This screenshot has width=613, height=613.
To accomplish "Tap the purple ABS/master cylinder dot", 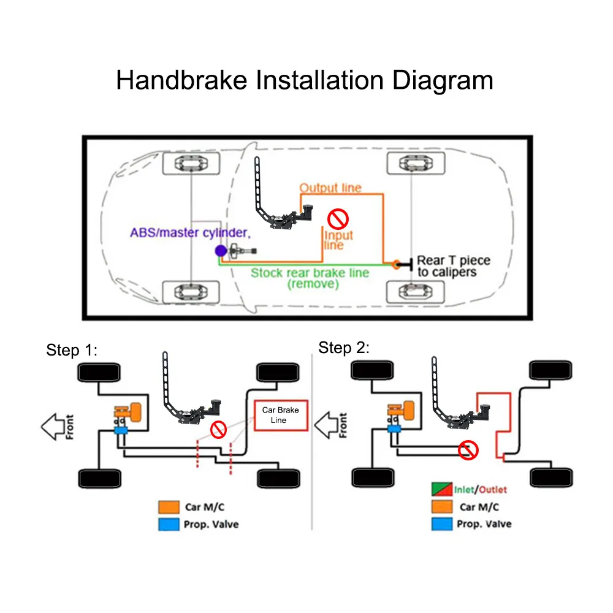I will [x=219, y=250].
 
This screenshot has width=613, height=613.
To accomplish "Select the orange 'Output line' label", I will [x=330, y=188].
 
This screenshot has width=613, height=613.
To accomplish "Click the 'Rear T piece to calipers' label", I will [x=453, y=266].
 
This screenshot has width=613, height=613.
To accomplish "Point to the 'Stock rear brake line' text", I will [x=310, y=273].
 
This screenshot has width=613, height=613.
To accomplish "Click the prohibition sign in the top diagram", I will [x=337, y=218].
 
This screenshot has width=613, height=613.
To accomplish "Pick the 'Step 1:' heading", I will [x=72, y=350].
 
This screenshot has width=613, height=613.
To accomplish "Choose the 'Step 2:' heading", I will [x=344, y=348].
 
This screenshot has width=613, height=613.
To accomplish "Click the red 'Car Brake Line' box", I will [x=281, y=415].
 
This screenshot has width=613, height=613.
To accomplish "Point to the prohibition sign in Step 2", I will [x=468, y=450].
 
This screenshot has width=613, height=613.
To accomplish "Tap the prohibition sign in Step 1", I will [x=219, y=429].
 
